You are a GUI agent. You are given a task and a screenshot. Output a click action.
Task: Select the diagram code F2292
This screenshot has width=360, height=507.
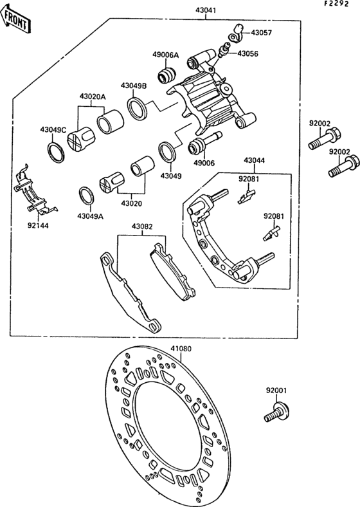click(x=340, y=5)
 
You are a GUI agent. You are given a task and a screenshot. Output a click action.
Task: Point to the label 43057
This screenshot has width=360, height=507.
click(x=262, y=32)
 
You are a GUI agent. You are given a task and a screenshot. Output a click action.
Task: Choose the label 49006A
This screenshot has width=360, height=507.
click(x=165, y=55)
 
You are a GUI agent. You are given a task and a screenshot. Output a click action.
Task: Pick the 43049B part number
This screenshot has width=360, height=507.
click(x=133, y=85)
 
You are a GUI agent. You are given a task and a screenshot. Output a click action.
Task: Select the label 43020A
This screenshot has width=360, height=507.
click(x=93, y=97)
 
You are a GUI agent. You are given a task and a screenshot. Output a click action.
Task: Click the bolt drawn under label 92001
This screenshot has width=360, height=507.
click(x=276, y=412)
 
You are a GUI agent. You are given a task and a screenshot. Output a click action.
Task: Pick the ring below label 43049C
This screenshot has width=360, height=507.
click(x=56, y=152)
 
